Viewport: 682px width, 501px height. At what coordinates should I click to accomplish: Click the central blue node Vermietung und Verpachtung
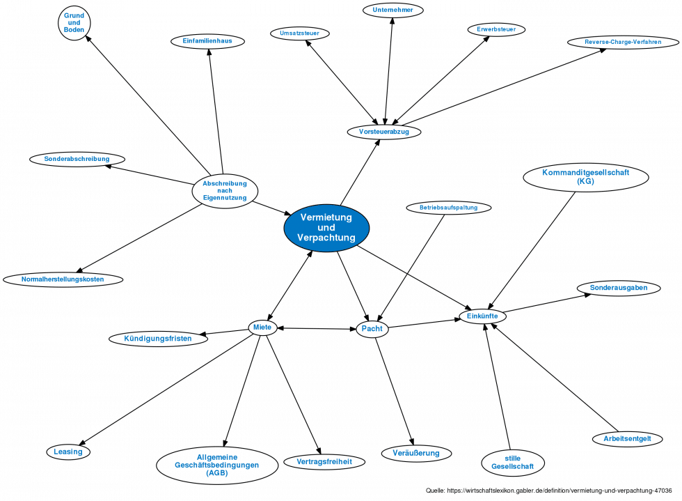pyautogui.click(x=326, y=228)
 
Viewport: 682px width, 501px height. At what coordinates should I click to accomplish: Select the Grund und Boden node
pyautogui.click(x=74, y=23)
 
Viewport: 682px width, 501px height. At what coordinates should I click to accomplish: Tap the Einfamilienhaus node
pyautogui.click(x=207, y=41)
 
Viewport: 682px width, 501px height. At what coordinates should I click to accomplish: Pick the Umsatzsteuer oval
pyautogui.click(x=299, y=33)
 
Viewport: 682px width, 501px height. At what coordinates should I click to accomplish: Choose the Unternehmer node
pyautogui.click(x=392, y=10)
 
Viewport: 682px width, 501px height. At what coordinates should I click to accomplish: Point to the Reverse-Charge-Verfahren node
pyautogui.click(x=622, y=42)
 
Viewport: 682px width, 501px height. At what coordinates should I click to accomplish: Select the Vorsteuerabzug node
pyautogui.click(x=383, y=131)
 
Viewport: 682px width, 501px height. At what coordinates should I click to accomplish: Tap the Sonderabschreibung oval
pyautogui.click(x=77, y=159)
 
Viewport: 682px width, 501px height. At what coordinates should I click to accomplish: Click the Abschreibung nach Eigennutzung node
pyautogui.click(x=225, y=190)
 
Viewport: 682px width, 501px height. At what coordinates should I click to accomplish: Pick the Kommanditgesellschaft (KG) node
pyautogui.click(x=585, y=177)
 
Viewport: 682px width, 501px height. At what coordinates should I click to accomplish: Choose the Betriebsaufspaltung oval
pyautogui.click(x=448, y=207)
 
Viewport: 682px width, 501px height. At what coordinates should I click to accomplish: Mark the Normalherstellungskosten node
pyautogui.click(x=63, y=279)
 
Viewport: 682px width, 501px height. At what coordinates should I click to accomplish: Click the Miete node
pyautogui.click(x=262, y=327)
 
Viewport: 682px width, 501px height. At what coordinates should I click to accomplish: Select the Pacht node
pyautogui.click(x=372, y=329)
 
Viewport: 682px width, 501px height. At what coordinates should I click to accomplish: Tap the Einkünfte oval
pyautogui.click(x=482, y=316)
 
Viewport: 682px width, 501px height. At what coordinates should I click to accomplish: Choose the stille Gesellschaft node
pyautogui.click(x=512, y=462)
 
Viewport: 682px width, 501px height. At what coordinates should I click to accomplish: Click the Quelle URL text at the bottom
pyautogui.click(x=553, y=491)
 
